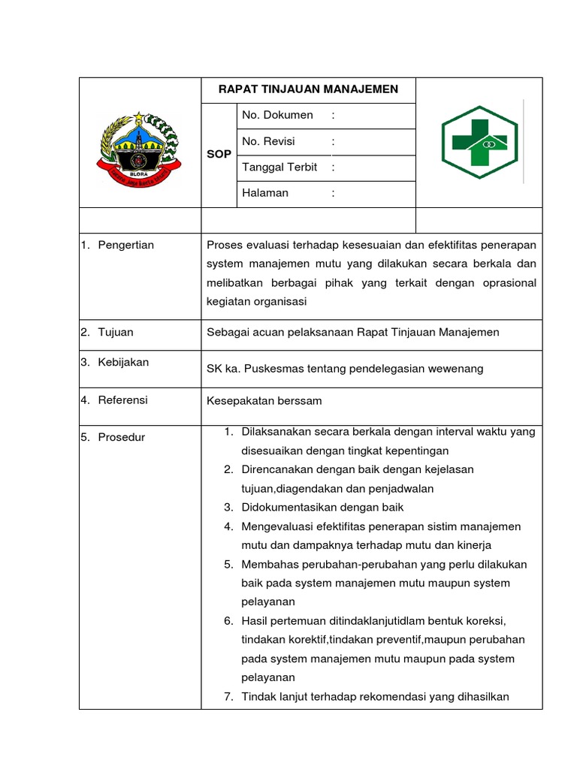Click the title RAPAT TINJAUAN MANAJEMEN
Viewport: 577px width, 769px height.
(308, 89)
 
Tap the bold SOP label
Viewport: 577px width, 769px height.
(218, 154)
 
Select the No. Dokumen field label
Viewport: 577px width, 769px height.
(277, 115)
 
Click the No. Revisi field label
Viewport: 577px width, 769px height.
(268, 141)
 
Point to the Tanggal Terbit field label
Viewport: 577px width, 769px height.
(279, 167)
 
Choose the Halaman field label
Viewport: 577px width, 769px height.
(264, 193)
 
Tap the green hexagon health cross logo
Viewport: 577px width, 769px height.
(479, 143)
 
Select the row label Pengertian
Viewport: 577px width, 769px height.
(125, 245)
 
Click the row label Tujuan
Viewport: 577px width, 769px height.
(116, 332)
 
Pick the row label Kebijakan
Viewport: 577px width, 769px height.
(123, 362)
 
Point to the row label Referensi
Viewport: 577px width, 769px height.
(122, 400)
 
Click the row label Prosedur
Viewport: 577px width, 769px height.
(121, 437)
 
